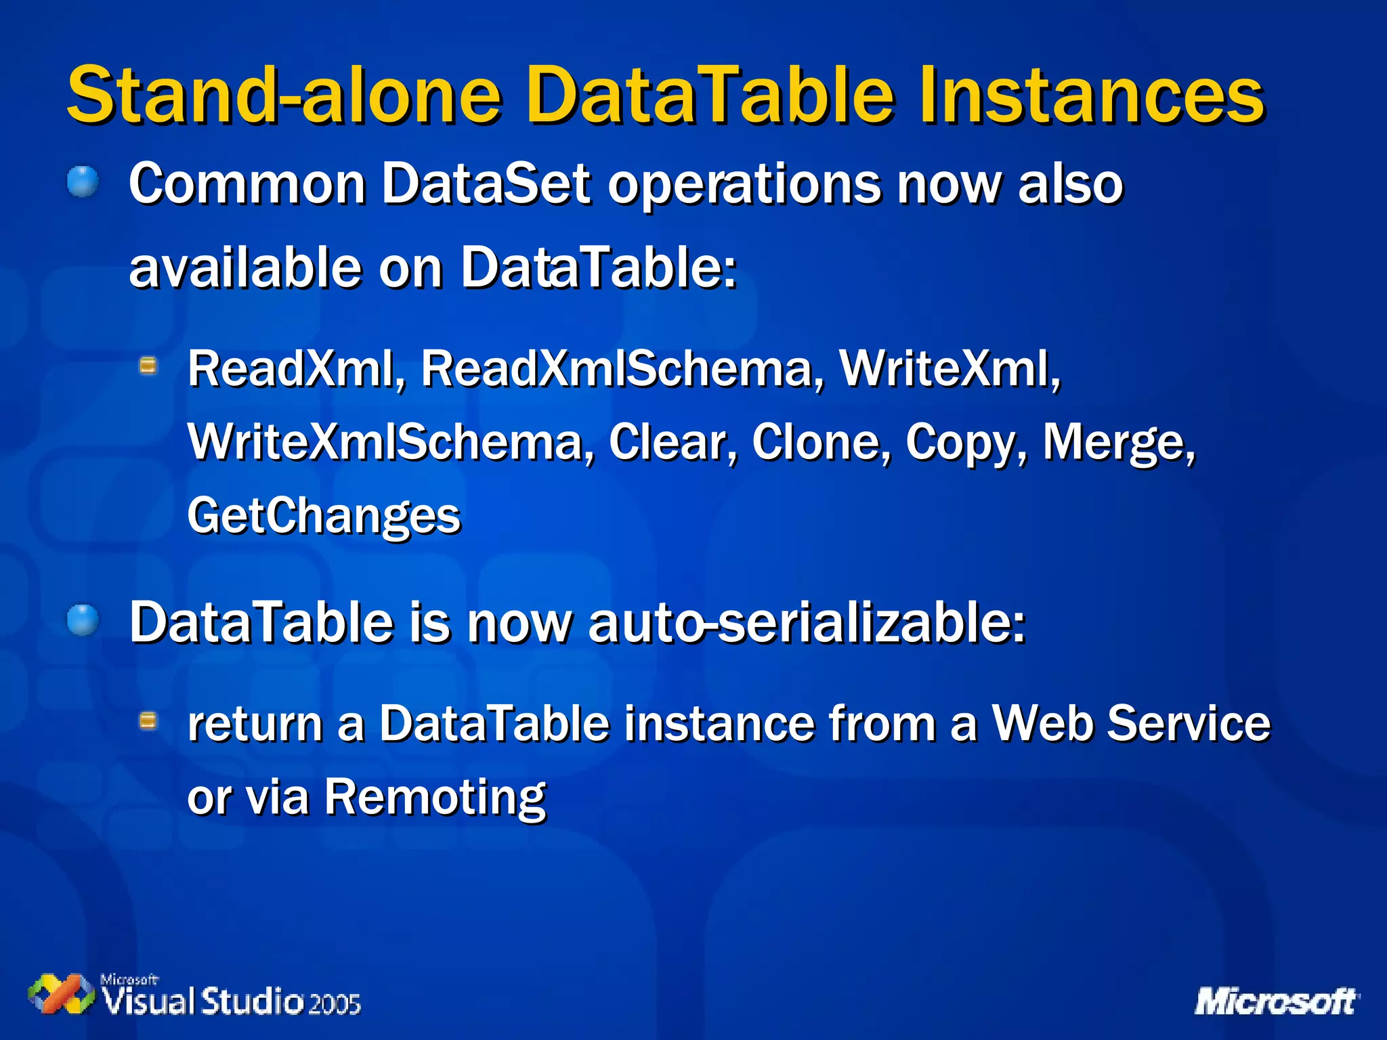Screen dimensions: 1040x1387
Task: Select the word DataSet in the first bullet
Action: tap(486, 183)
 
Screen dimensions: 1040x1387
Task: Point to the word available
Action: tap(244, 268)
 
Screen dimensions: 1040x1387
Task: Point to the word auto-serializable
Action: tap(806, 623)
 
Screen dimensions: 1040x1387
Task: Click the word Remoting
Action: tap(435, 798)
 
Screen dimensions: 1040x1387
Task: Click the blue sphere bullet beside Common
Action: tap(83, 181)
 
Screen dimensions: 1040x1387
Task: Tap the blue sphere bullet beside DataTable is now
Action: tap(83, 620)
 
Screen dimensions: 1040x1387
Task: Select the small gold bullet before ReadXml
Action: tap(148, 367)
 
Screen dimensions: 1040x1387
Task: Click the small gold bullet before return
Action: tap(148, 721)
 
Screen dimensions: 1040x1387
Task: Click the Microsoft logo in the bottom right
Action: tap(1276, 1001)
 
